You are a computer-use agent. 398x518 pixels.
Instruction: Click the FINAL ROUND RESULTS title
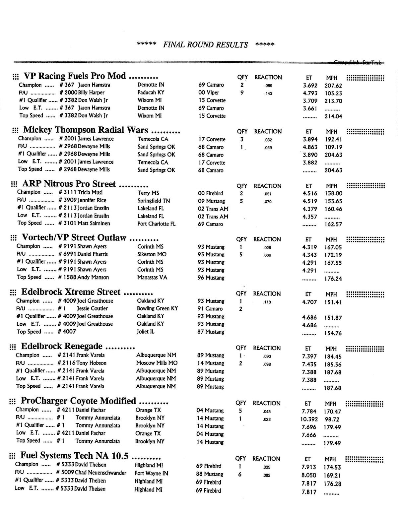pos(205,45)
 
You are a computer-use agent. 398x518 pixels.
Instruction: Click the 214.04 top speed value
pos(333,116)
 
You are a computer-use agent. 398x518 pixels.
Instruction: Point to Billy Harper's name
pos(91,93)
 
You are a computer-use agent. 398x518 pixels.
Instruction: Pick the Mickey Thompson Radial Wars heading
pos(86,130)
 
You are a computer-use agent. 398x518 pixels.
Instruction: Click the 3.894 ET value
pos(310,139)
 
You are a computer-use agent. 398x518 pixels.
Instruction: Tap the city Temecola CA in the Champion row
pos(153,139)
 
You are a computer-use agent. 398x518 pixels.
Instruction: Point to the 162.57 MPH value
pos(333,224)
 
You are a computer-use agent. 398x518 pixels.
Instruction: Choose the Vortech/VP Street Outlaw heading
pos(74,238)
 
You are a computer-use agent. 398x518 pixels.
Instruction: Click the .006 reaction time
pos(267,255)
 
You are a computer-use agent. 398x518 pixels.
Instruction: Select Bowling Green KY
pos(157,308)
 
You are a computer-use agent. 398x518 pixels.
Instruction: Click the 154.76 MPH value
pos(333,333)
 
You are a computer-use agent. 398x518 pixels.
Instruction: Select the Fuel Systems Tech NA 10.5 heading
pos(74,456)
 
